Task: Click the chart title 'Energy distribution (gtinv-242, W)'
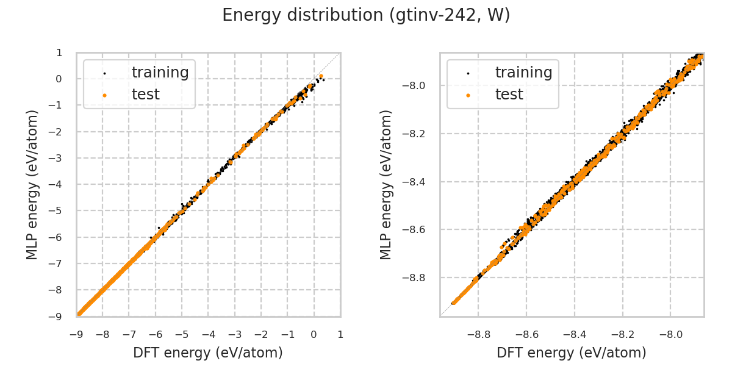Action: coord(366,15)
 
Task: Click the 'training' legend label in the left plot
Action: coord(160,73)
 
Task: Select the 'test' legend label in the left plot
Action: coord(145,95)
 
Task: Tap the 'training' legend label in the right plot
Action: coord(523,73)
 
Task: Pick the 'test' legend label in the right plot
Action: coord(509,95)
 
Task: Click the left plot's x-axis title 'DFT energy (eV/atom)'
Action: coord(208,353)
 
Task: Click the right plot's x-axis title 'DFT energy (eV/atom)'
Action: coord(572,353)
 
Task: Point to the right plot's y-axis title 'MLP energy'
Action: coord(387,184)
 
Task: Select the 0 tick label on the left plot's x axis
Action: coord(314,334)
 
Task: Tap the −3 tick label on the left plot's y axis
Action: coord(60,158)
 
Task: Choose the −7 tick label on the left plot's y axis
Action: coord(60,264)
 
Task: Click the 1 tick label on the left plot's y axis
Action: coord(59,52)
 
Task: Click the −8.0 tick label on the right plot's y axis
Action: coord(418,85)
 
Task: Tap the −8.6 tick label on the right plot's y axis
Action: coord(418,229)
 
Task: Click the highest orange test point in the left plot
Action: coord(321,76)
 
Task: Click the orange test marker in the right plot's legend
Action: coord(468,95)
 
